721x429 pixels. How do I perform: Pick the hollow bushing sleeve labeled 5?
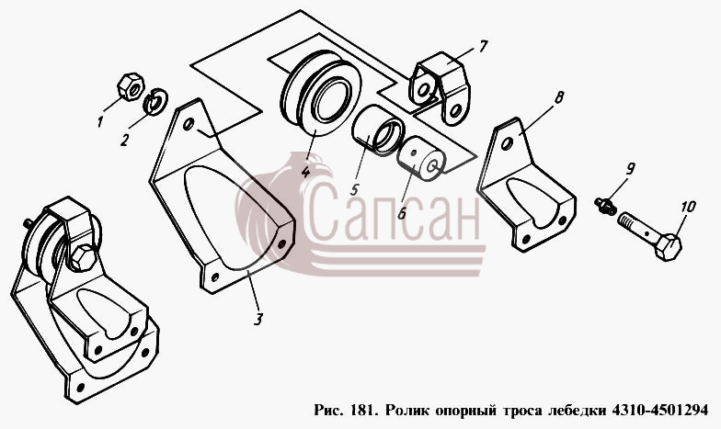[x=377, y=129]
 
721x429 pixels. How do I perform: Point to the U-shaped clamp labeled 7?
[x=441, y=87]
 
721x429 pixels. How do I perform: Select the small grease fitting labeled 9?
[x=605, y=206]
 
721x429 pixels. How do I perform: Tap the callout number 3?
[x=258, y=319]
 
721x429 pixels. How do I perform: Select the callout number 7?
[x=482, y=46]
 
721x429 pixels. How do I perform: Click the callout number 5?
[x=355, y=189]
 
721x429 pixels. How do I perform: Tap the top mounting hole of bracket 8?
[x=508, y=145]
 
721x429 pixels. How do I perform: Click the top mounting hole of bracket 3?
[x=188, y=125]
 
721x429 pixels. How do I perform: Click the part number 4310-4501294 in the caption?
[x=659, y=410]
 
